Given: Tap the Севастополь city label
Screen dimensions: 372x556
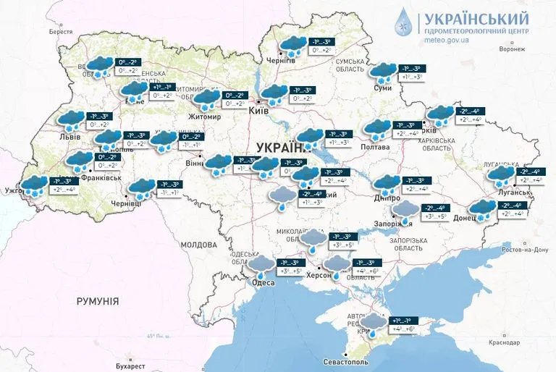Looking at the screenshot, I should tap(349, 361).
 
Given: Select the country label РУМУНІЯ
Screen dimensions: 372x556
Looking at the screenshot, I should tap(97, 300).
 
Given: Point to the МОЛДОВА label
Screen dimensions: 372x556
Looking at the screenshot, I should tap(199, 245).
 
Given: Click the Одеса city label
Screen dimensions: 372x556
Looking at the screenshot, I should tap(262, 282).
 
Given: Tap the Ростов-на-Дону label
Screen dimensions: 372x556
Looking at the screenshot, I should tap(520, 250).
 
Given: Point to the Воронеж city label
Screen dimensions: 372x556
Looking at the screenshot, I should tap(512, 49).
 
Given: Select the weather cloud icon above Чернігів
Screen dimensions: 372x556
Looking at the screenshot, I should tap(292, 46).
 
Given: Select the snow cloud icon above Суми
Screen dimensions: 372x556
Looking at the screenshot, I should tap(383, 72).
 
